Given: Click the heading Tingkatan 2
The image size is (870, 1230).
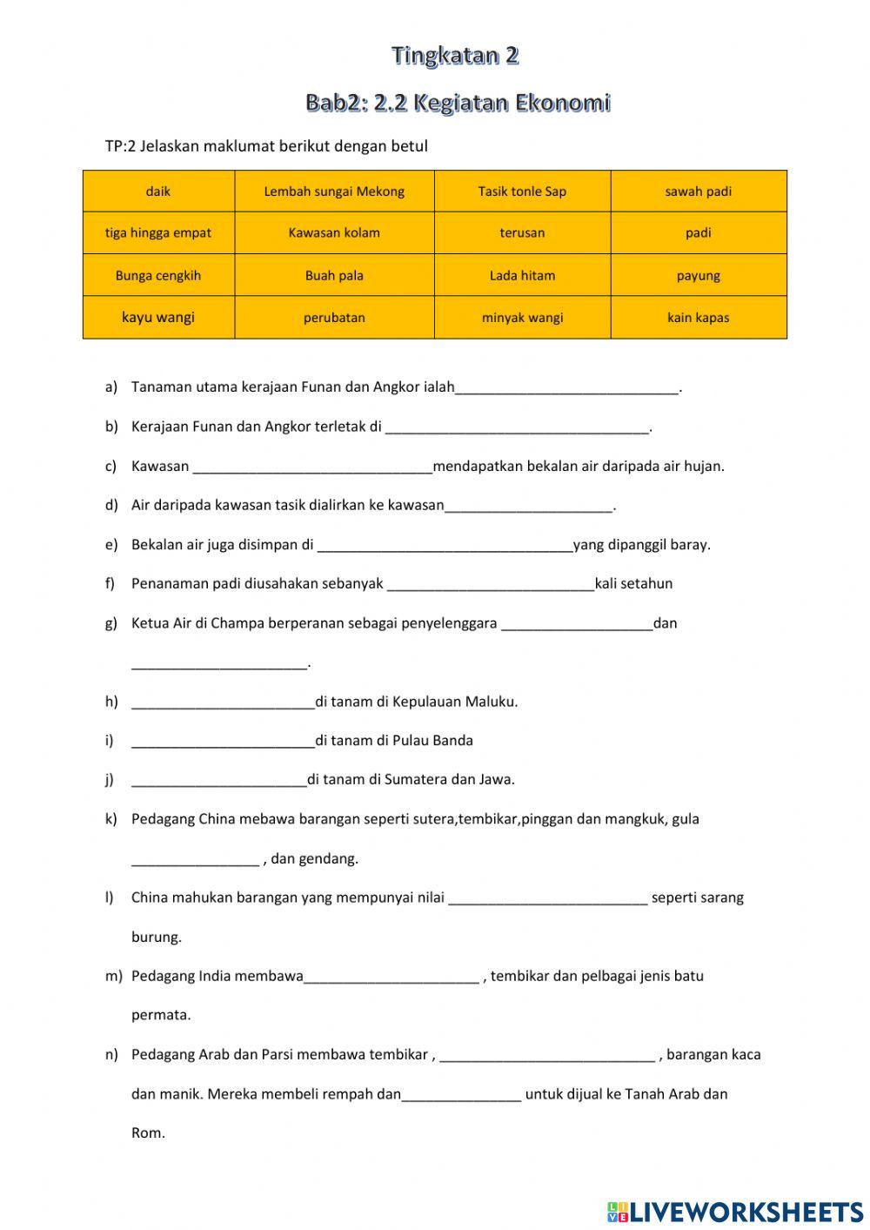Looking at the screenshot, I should (x=455, y=56).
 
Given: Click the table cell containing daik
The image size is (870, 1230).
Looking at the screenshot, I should (x=158, y=192).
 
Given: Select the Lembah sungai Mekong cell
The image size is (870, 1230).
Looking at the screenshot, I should (x=334, y=192).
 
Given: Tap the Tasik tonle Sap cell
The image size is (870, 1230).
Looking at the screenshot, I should (x=522, y=192).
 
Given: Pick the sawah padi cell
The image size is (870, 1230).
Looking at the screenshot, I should (x=698, y=192).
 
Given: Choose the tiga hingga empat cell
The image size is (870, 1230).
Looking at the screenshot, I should (x=158, y=233).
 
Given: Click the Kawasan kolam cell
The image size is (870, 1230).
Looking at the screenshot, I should (x=334, y=233).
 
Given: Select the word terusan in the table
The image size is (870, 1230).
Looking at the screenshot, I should (x=522, y=233).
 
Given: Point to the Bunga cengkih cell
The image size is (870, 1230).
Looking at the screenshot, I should (x=158, y=276).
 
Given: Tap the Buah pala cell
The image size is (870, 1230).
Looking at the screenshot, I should (x=334, y=276).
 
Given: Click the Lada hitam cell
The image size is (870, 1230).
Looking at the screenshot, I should (x=522, y=276).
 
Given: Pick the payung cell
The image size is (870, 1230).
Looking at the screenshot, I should (x=698, y=276).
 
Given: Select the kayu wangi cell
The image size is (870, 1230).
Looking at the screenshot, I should (x=158, y=318).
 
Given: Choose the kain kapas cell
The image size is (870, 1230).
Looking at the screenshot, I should (x=698, y=318).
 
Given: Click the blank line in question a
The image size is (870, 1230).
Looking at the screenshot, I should (x=566, y=388).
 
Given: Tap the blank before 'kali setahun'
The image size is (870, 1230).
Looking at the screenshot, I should (x=491, y=584).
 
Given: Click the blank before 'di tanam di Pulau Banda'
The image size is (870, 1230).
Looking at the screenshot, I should (x=223, y=742).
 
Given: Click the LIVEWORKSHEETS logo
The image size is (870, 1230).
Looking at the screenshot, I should (x=735, y=1211).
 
